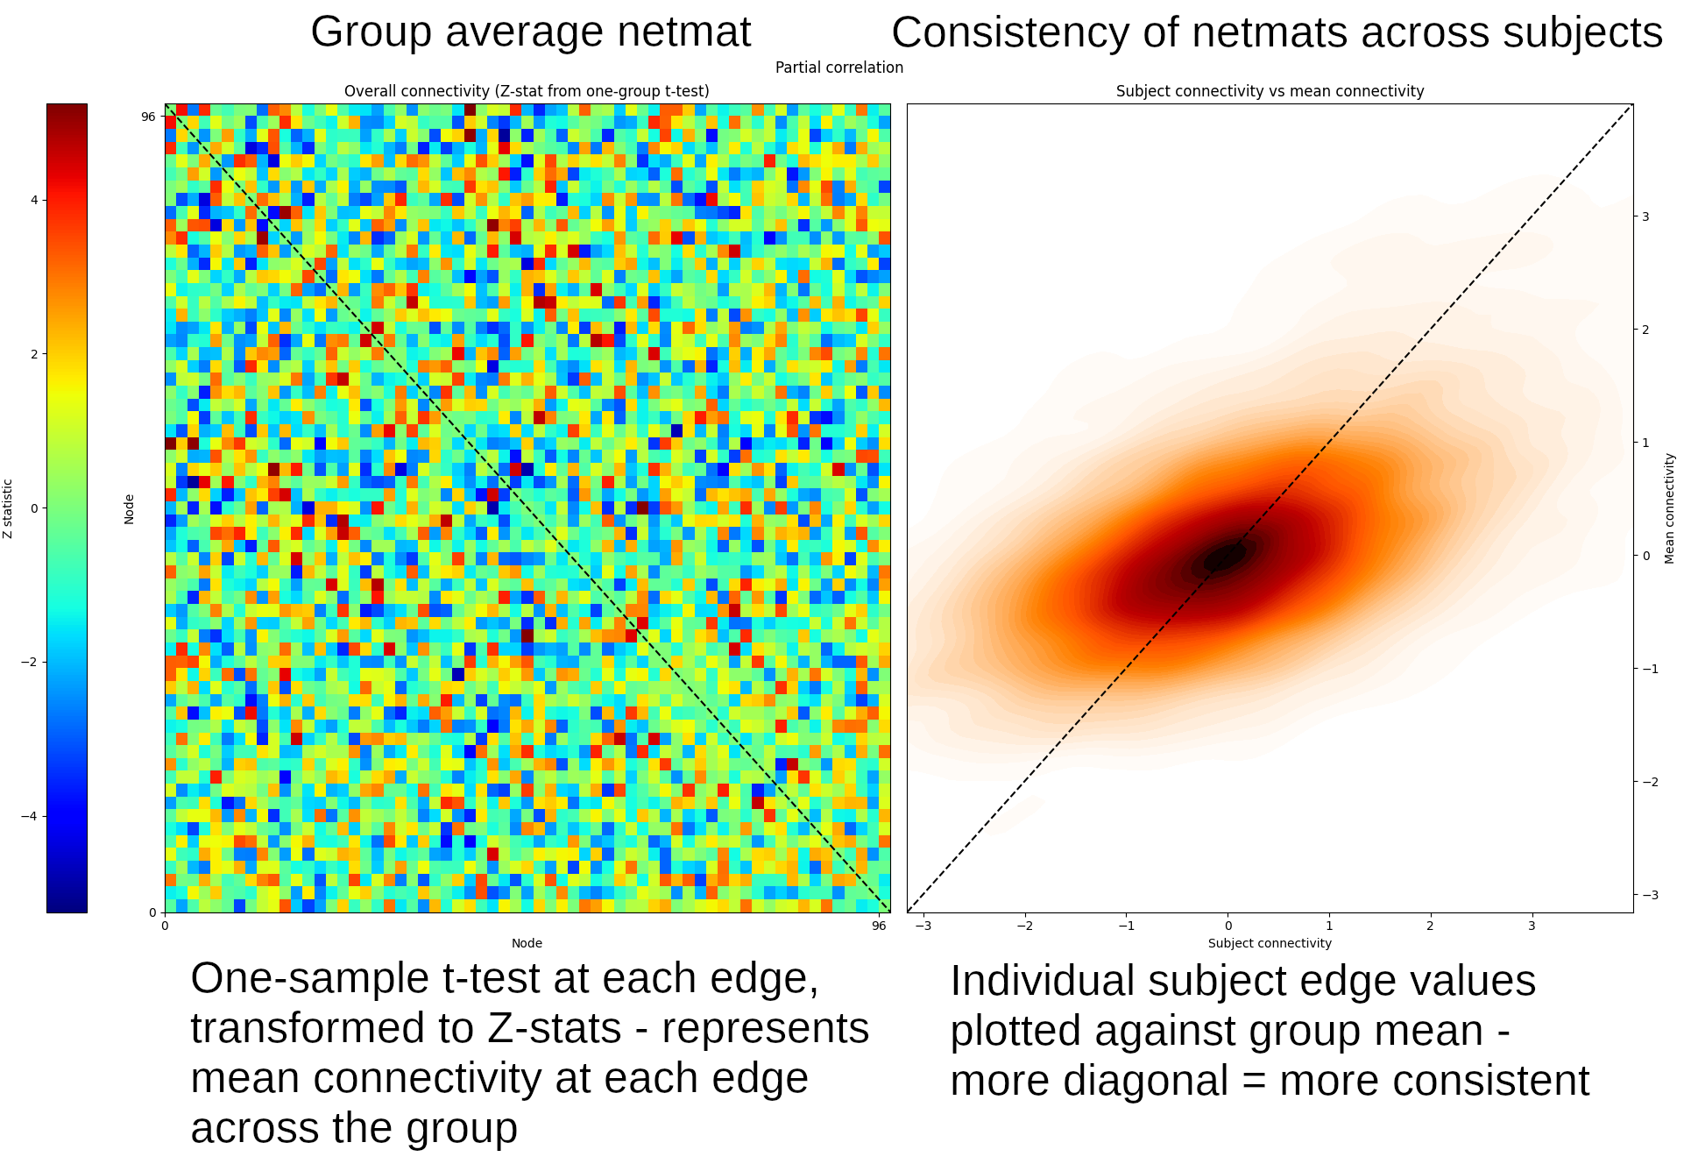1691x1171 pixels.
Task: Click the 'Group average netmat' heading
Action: pos(530,32)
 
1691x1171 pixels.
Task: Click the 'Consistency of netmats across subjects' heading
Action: pos(1277,33)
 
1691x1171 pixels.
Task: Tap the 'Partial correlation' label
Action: pos(838,67)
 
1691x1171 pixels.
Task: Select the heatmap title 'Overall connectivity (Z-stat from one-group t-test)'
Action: pos(527,91)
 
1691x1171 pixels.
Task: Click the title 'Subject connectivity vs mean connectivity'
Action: pos(1270,91)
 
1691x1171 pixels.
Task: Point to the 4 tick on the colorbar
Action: pos(34,200)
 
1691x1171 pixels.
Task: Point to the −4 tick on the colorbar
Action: pos(30,816)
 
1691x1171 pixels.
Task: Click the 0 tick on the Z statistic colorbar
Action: pos(34,508)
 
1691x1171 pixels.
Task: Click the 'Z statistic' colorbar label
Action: pos(8,508)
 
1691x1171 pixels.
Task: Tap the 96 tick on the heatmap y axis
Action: pos(148,117)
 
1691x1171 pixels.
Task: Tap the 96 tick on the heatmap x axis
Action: pos(879,926)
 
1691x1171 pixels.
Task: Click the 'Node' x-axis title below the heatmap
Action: pos(527,943)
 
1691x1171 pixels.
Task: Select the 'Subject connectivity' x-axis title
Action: pos(1270,943)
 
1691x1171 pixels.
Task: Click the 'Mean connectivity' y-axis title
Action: pos(1669,508)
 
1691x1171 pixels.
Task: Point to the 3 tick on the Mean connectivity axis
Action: pos(1645,216)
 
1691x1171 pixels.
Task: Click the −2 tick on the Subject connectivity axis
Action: pos(1024,926)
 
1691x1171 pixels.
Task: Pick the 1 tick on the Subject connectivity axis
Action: pos(1329,926)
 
